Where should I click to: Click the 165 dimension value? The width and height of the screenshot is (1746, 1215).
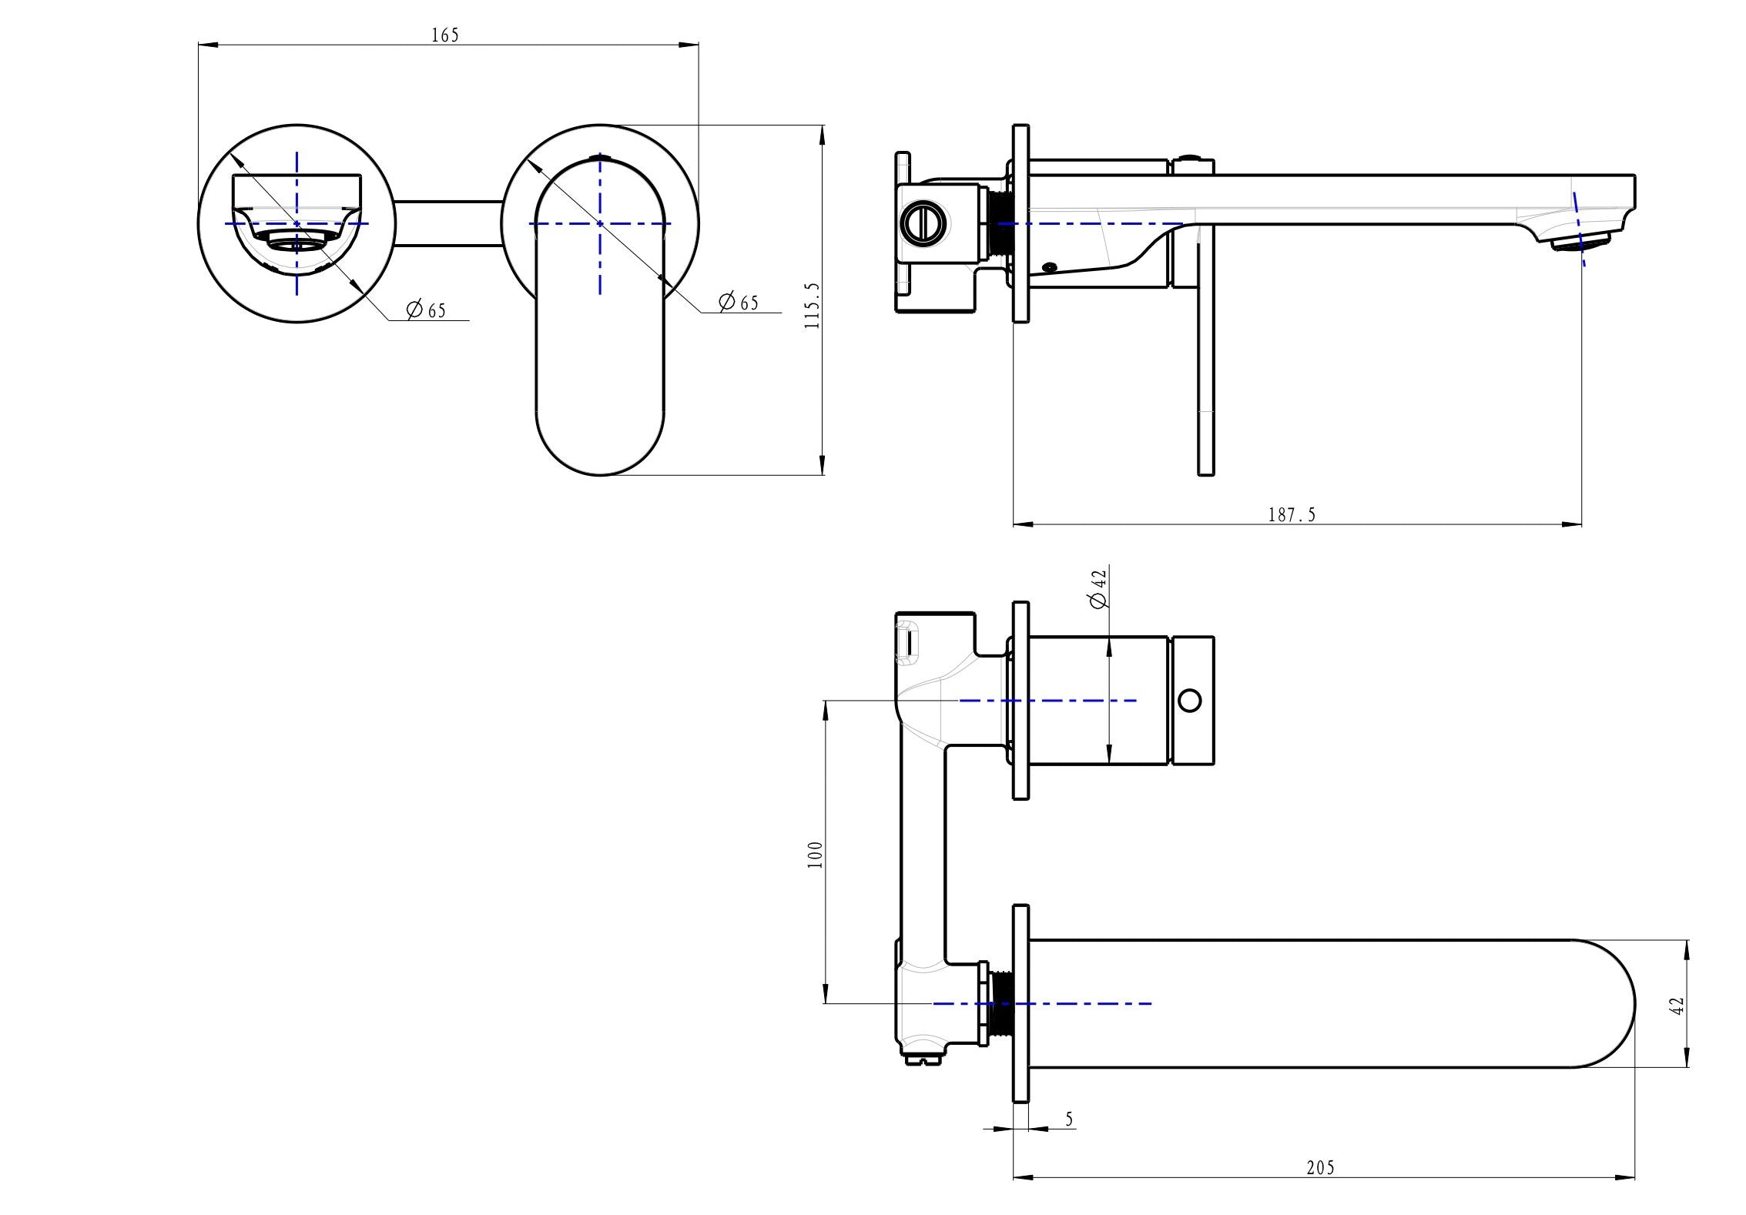coord(445,35)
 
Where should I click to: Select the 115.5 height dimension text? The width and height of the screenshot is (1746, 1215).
coord(813,306)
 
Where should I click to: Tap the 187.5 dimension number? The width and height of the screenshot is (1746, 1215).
coord(1292,515)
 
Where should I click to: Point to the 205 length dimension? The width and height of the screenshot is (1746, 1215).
coord(1321,1190)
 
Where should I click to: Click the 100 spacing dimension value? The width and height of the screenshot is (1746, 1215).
coord(815,855)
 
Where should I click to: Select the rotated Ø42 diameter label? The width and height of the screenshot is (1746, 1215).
coord(1099,588)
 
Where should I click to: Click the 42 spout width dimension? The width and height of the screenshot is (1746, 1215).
coord(1678,1005)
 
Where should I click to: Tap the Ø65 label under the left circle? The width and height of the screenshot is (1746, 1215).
coord(426,310)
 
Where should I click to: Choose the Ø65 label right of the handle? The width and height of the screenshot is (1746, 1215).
coord(739,303)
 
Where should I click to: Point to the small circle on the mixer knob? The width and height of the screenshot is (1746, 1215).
coord(1190,701)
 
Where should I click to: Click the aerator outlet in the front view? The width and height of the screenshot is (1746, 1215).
coord(297,244)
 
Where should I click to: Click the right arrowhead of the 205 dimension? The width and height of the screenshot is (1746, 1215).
coord(1628,1199)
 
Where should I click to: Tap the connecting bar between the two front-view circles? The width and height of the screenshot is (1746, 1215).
coord(448,224)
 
